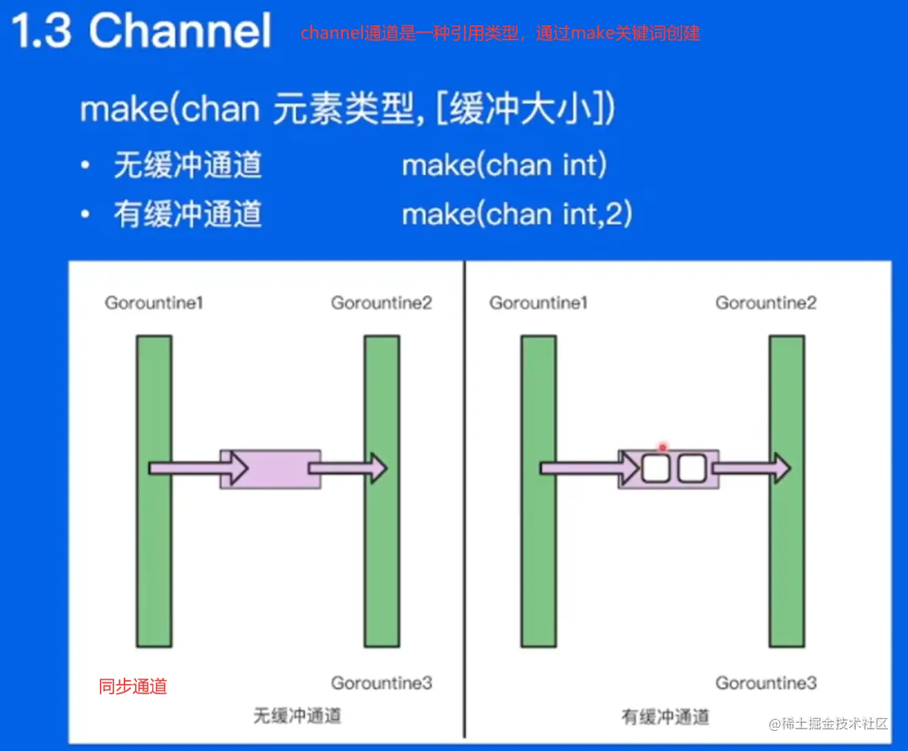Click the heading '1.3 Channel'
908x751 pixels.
coord(142,31)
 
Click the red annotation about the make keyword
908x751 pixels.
coord(500,33)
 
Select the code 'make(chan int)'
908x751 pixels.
coord(504,165)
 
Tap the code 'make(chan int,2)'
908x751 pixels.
coord(517,215)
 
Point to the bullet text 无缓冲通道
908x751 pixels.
coord(188,165)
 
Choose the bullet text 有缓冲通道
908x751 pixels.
coord(188,215)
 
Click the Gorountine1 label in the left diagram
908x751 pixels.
coord(154,303)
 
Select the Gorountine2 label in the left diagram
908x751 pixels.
coord(382,303)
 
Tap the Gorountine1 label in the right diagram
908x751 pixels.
coord(538,303)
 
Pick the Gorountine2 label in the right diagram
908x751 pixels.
coord(766,303)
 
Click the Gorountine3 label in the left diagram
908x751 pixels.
coord(382,683)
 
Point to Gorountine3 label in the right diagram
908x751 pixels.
coord(766,683)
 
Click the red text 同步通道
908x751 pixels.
coord(133,687)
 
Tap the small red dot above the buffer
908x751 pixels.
coord(663,447)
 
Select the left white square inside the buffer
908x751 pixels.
coord(656,469)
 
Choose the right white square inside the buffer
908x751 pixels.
coord(692,469)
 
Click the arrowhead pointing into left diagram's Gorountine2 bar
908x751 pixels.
coord(379,469)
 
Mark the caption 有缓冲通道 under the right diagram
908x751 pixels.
coord(665,717)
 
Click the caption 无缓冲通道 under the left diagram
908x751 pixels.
coord(297,716)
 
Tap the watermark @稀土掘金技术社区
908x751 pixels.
coord(828,723)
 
